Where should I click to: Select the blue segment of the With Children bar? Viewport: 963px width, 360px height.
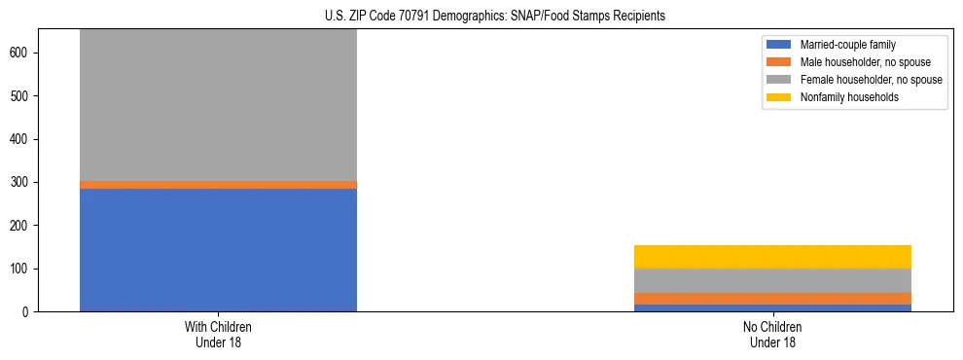coord(218,250)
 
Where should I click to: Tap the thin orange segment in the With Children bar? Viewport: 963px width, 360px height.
coord(218,185)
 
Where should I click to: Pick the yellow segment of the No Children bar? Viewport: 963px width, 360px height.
coord(772,257)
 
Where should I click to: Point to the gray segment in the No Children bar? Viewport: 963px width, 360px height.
coord(772,280)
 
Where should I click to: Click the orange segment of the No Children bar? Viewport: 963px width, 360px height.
coord(772,299)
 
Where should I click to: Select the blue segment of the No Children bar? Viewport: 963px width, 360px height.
coord(772,307)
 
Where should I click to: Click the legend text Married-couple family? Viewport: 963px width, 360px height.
coord(847,45)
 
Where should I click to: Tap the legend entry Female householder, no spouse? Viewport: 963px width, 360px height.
coord(871,80)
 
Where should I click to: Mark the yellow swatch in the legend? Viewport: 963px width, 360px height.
coord(779,97)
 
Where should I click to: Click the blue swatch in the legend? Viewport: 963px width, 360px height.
coord(779,45)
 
